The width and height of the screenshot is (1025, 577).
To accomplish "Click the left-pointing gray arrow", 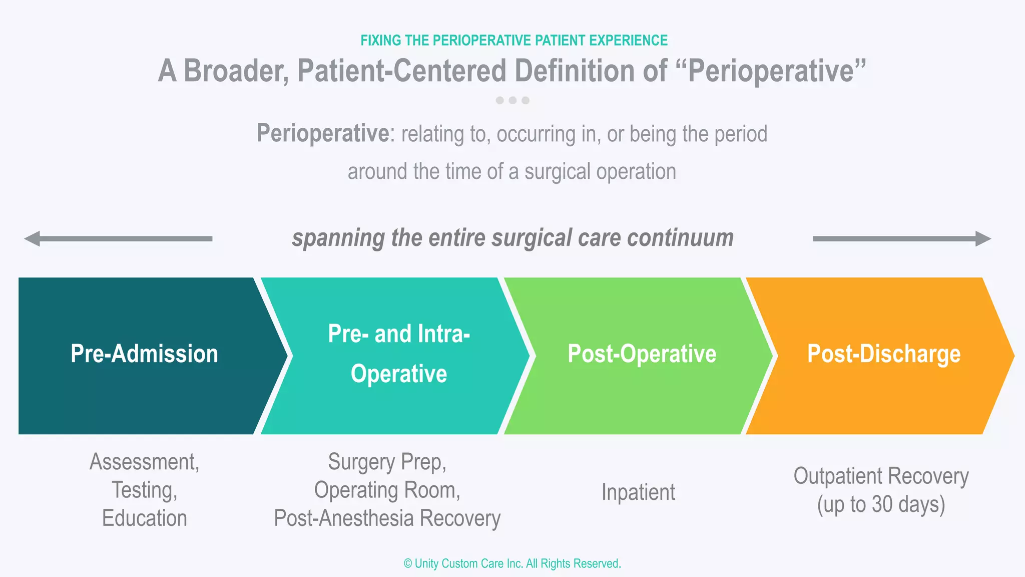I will [118, 239].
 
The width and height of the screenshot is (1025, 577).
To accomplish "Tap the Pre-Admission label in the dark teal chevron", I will [144, 354].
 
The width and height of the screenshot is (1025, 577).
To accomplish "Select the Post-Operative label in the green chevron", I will [642, 354].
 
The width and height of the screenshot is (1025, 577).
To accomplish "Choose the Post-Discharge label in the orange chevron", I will [883, 354].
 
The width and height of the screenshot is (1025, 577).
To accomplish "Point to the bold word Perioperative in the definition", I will [323, 134].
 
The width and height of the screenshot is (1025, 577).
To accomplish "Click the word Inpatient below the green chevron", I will [638, 492].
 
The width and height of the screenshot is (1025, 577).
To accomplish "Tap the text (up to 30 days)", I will [881, 504].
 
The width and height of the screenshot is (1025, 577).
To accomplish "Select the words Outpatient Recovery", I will [881, 476].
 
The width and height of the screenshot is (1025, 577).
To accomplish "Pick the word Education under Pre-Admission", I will [144, 518].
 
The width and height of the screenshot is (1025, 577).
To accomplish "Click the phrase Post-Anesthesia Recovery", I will [387, 518].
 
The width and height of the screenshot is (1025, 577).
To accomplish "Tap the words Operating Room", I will [387, 490].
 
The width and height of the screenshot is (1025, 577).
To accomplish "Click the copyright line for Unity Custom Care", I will [512, 563].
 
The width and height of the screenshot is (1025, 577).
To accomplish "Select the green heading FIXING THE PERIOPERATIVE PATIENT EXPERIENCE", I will [514, 41].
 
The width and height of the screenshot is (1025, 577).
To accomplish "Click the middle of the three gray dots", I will [512, 100].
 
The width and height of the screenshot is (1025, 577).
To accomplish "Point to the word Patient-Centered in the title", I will [401, 71].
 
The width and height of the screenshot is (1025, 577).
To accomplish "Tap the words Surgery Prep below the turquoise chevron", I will [387, 462].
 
